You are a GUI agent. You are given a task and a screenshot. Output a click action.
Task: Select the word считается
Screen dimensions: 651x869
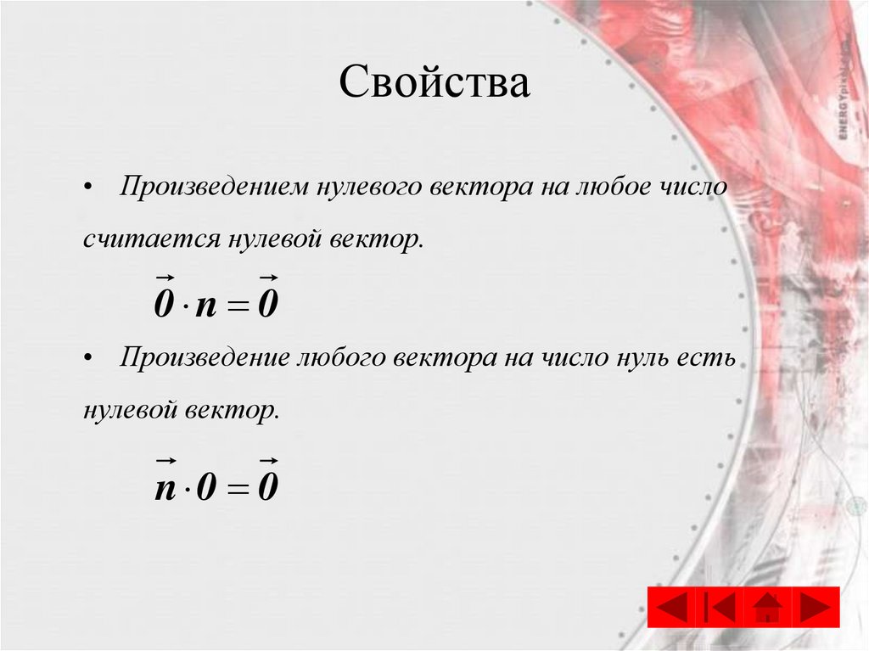point(149,239)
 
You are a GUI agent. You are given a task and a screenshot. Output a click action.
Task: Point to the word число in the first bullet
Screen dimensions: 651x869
point(689,186)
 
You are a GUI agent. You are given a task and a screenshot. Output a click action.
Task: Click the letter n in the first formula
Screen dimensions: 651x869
point(206,304)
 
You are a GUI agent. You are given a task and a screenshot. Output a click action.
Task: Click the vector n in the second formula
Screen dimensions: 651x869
point(165,486)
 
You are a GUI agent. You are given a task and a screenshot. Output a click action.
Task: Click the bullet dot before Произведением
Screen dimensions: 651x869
point(88,187)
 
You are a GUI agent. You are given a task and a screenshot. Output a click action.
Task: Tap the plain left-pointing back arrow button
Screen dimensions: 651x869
point(672,607)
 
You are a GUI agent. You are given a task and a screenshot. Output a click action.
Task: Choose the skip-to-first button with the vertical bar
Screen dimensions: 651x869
point(720,607)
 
